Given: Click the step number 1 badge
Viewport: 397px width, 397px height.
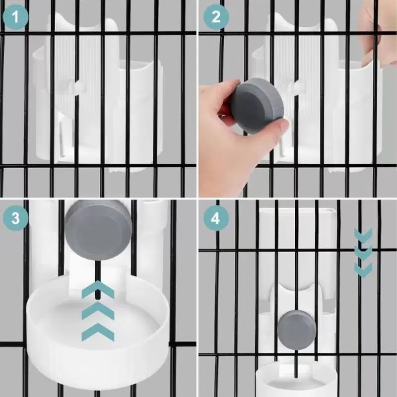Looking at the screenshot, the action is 15,17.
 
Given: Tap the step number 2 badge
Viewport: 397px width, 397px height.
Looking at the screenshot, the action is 216,17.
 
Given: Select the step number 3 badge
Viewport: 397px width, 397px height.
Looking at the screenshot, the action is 15,218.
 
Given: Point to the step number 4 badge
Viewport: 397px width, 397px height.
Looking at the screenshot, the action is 216,218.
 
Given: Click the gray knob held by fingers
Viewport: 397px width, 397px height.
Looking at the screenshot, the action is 257,106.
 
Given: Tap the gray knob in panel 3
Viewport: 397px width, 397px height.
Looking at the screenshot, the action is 98,230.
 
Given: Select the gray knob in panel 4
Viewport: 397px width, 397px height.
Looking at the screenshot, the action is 296,329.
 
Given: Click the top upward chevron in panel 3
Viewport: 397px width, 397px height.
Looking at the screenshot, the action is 98,290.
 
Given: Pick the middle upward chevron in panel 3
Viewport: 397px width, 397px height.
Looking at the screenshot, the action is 98,311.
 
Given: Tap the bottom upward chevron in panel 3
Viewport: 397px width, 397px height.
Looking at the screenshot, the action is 98,332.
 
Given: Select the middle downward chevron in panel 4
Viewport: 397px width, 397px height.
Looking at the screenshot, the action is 363,253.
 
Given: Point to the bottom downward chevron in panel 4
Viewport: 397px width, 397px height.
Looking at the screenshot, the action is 363,270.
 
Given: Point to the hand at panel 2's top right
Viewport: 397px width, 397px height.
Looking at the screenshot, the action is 377,34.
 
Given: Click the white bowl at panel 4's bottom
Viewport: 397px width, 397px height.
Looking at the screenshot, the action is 296,380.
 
